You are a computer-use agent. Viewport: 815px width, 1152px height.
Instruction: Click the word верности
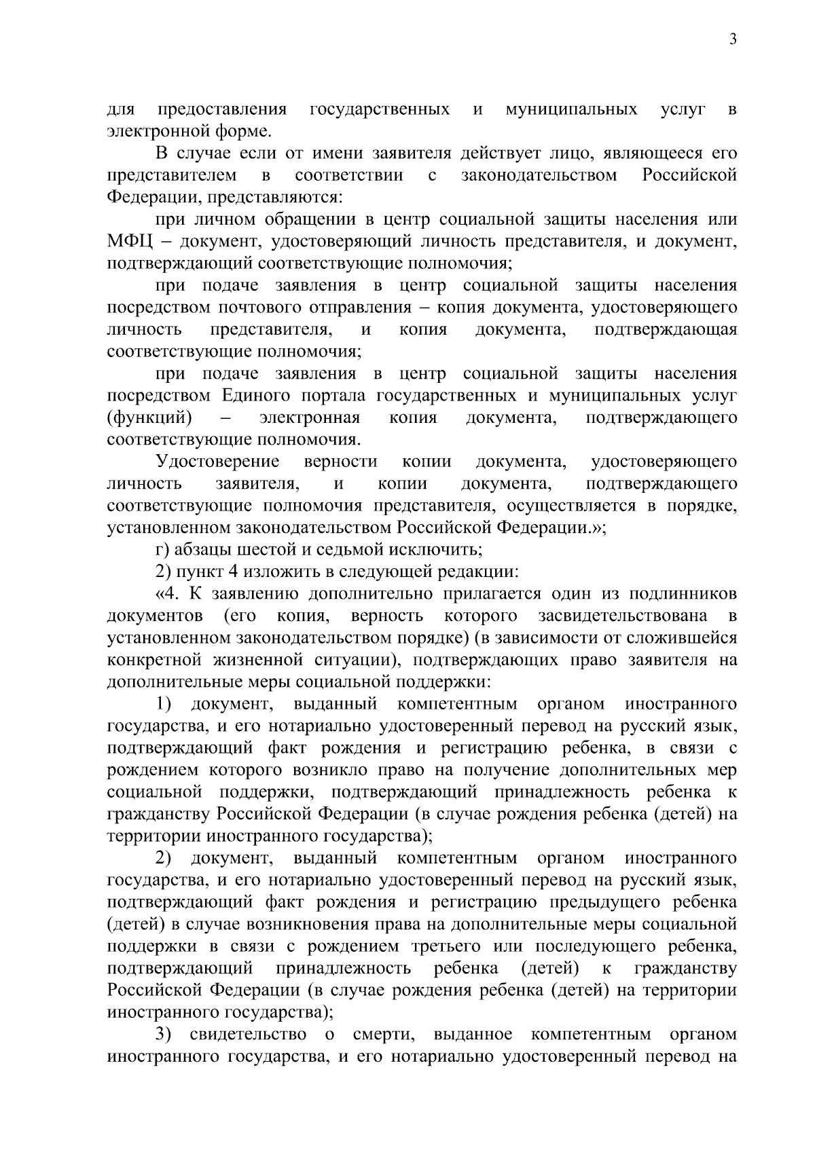pyautogui.click(x=341, y=462)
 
